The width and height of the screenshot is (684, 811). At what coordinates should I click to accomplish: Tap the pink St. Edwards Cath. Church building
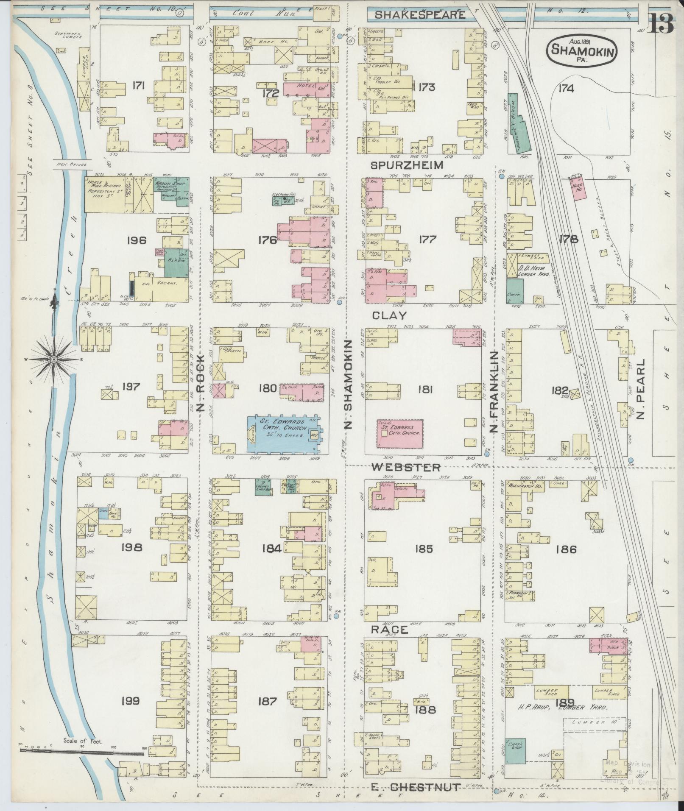pos(400,433)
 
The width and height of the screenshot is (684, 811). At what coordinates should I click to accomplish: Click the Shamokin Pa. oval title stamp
pos(583,50)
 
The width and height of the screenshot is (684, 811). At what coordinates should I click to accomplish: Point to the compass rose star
pos(54,360)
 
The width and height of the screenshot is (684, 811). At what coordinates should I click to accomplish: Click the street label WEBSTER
pos(406,467)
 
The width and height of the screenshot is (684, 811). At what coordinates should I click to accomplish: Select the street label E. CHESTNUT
pos(415,787)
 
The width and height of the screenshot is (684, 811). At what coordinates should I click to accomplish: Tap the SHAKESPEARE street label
pos(419,15)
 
